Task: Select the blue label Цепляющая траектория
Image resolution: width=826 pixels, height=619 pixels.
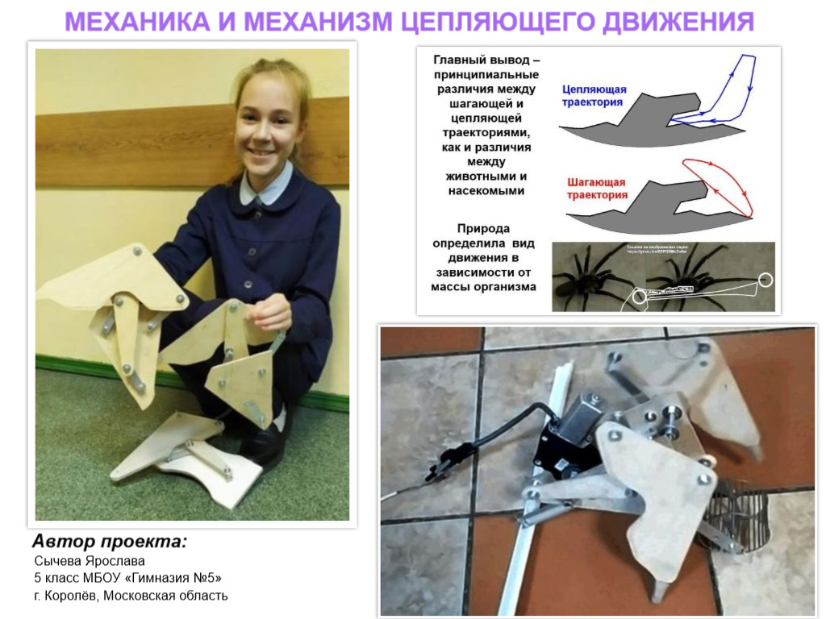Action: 592,97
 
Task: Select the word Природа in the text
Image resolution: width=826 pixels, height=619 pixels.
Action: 483,228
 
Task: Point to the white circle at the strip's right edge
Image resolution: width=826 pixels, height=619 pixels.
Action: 764,280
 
